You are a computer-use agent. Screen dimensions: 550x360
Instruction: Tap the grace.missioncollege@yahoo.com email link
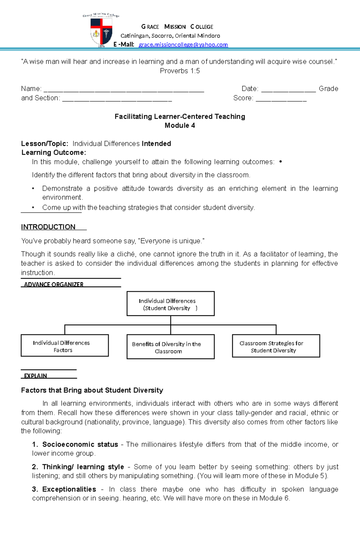(183, 45)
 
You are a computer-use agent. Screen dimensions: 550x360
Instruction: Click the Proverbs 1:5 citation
(180, 71)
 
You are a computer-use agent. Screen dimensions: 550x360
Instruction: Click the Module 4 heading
(180, 126)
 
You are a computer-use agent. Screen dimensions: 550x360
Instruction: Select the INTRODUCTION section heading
(48, 227)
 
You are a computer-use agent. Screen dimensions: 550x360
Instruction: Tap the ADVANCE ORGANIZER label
(54, 284)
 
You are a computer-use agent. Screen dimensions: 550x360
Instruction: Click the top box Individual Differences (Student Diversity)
(170, 304)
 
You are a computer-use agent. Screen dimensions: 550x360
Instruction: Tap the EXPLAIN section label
(35, 376)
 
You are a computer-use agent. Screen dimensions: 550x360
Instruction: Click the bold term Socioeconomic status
(80, 444)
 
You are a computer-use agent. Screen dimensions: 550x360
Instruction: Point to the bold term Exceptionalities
(69, 489)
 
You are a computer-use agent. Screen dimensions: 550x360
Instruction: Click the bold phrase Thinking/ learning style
(83, 467)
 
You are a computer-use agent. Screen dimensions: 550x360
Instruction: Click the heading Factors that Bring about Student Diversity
(92, 390)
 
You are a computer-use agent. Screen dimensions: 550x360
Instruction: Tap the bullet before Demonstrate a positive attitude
(33, 189)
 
